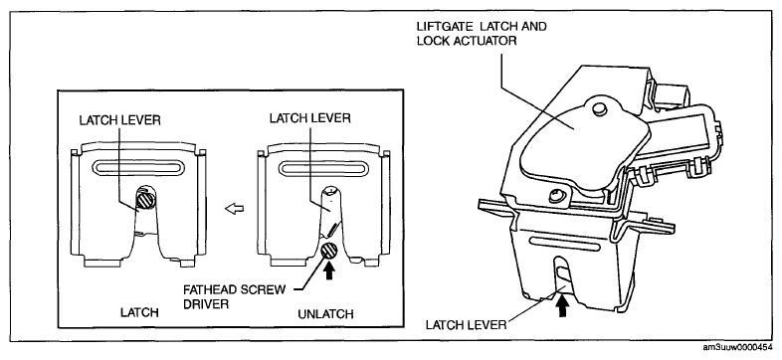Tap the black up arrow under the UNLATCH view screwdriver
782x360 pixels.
[x=328, y=271]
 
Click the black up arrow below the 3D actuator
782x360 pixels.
[x=562, y=306]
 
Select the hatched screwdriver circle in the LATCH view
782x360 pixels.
[x=143, y=201]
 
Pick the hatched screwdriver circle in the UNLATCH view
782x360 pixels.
[x=329, y=252]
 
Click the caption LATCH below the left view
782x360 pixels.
[x=139, y=312]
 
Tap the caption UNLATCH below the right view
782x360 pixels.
[x=325, y=314]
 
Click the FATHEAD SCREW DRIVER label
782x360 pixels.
[x=235, y=296]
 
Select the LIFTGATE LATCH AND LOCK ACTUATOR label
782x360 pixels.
[x=482, y=34]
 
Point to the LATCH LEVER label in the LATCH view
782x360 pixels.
[x=119, y=121]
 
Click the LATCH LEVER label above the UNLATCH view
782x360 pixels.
[x=310, y=118]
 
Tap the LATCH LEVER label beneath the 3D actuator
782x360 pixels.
[x=466, y=325]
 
